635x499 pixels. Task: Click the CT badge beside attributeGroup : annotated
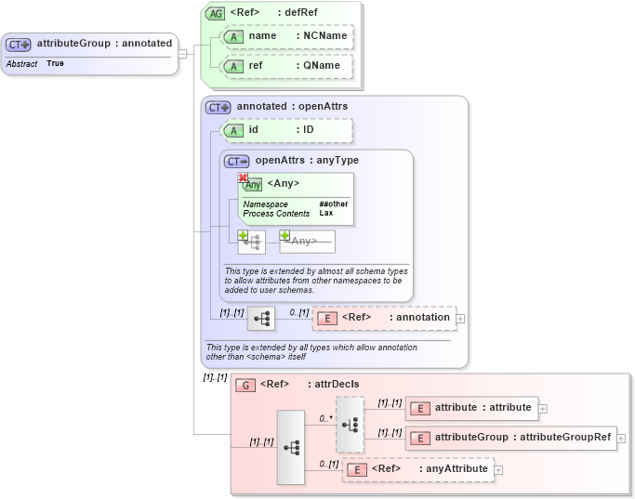click(19, 44)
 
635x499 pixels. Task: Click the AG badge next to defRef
click(216, 13)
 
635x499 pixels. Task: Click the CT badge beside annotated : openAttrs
click(218, 107)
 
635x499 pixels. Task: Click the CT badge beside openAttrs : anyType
click(237, 161)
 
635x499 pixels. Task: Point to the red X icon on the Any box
click(243, 177)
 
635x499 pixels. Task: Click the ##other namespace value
click(334, 204)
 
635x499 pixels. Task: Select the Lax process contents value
click(326, 214)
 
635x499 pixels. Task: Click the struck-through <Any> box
click(307, 242)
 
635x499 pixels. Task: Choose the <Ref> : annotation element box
click(384, 318)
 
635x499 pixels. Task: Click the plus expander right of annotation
click(460, 319)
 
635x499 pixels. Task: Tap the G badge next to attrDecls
click(245, 385)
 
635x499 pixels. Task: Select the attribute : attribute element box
click(471, 408)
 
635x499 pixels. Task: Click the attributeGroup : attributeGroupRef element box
click(510, 438)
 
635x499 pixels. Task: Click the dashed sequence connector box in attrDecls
click(351, 424)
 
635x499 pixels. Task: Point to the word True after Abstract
click(55, 64)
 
